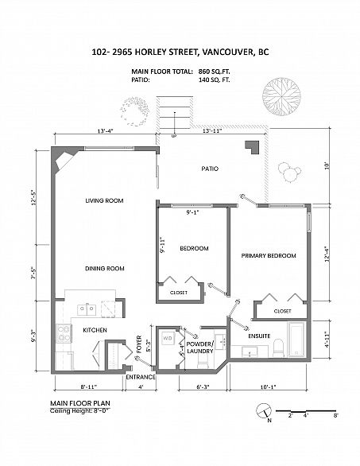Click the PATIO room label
click(210, 169)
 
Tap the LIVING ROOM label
click(104, 200)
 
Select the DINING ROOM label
click(105, 268)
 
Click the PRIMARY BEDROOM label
click(269, 255)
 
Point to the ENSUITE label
click(259, 336)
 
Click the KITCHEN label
click(95, 330)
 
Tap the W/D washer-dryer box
click(167, 338)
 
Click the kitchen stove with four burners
click(64, 333)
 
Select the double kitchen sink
click(87, 310)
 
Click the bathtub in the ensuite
click(296, 339)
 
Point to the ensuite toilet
click(279, 348)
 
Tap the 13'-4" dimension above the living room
click(106, 130)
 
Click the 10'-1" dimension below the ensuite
click(268, 387)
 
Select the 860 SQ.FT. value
click(214, 72)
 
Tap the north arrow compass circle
click(264, 410)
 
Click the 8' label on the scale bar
click(335, 415)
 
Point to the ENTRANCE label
click(141, 377)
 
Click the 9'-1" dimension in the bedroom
click(192, 212)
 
